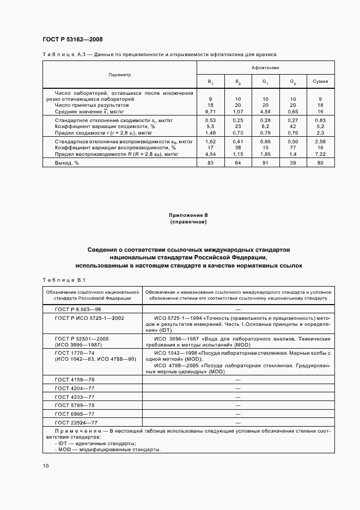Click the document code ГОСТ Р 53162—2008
(72, 39)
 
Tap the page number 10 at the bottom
(46, 466)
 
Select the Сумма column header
(320, 82)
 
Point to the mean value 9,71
(210, 111)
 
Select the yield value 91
(265, 162)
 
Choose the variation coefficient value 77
(292, 147)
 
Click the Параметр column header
(119, 74)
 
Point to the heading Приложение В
(188, 216)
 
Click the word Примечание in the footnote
(74, 431)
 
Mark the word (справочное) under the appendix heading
(188, 222)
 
